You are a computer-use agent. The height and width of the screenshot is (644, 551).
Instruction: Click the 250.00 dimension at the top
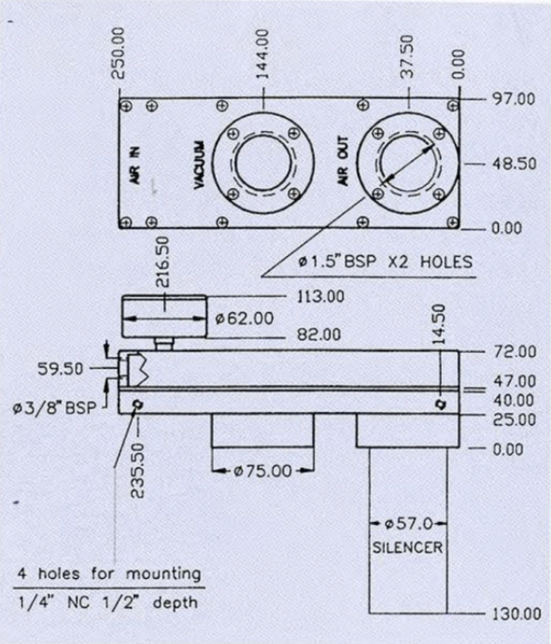118,53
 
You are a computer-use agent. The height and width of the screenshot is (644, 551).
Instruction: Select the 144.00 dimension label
263,54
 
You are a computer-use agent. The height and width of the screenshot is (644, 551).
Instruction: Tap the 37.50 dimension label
407,56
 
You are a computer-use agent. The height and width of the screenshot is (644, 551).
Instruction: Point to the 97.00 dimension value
514,99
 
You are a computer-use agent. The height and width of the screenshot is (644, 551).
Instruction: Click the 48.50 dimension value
514,164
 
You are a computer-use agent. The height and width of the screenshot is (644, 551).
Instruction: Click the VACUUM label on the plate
199,165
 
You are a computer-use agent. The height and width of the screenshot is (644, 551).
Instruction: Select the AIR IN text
135,165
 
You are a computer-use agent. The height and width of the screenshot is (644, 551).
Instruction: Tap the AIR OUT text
343,161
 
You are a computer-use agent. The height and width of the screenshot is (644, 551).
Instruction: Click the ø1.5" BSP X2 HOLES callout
386,261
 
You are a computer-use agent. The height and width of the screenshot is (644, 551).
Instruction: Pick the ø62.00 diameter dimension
244,318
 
